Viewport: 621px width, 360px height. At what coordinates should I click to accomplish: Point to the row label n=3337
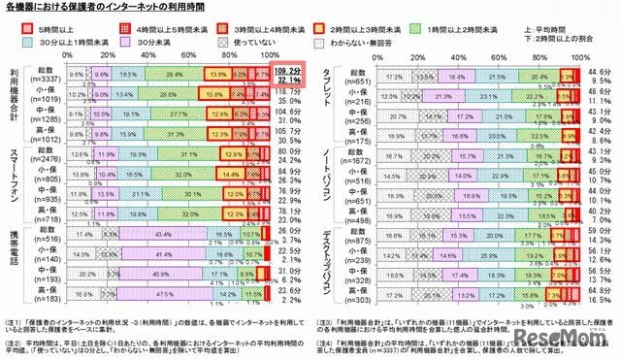click(x=42, y=81)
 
